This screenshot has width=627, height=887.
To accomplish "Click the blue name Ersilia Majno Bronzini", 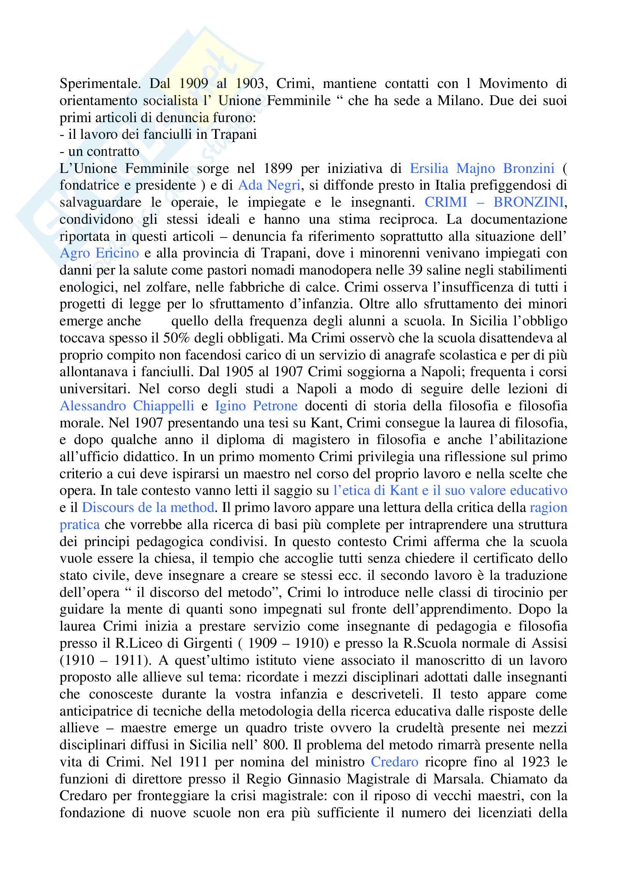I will (482, 168).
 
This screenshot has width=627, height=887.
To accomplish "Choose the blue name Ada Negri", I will (269, 185).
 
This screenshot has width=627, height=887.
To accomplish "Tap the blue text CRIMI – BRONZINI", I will (496, 203).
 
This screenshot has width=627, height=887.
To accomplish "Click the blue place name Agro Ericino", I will (99, 253).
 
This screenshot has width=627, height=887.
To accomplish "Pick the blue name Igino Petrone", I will (256, 406).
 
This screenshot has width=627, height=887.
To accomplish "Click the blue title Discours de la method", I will (148, 507).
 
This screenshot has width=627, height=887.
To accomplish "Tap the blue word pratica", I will (80, 524).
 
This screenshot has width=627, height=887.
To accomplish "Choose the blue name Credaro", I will (394, 761).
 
